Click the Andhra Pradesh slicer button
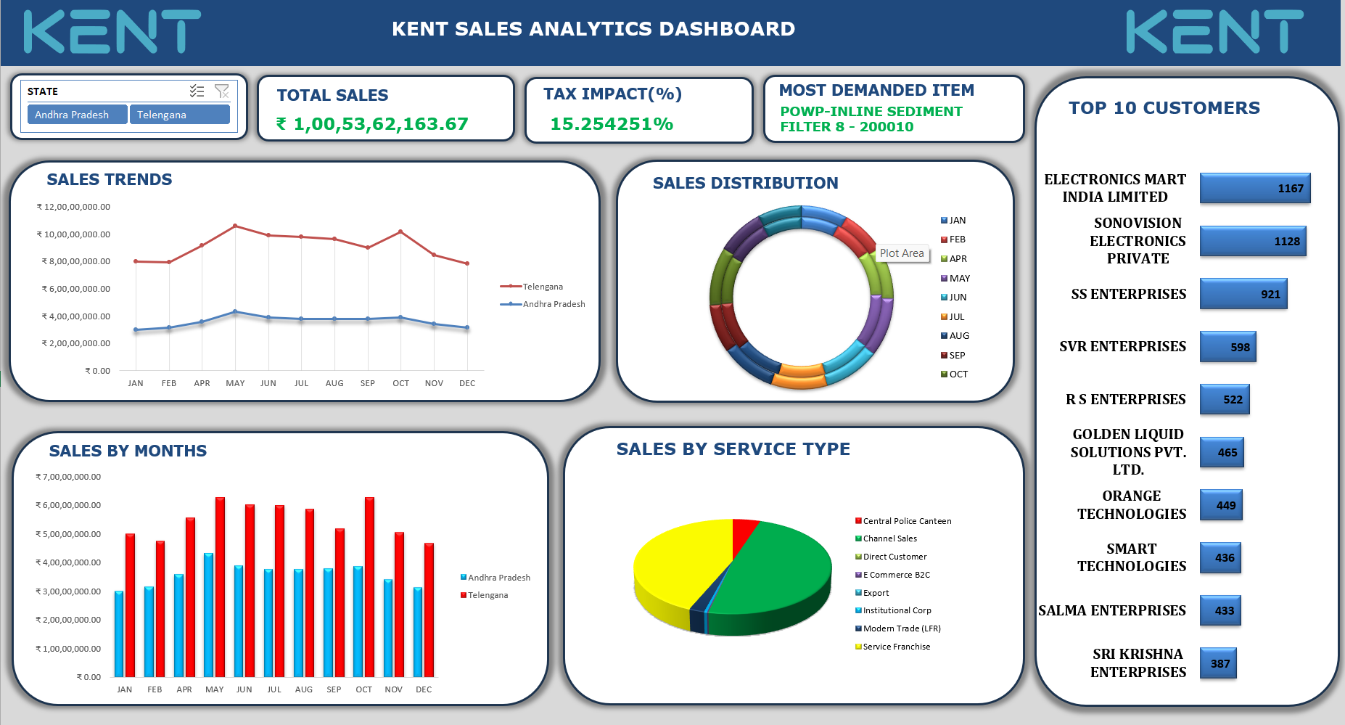click(77, 115)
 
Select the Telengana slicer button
click(179, 115)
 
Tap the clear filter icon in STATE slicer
click(222, 91)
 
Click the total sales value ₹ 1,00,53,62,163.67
click(372, 124)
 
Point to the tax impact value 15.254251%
click(611, 124)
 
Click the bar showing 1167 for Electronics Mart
click(1254, 188)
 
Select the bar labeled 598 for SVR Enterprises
click(1227, 347)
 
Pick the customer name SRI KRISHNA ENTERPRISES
click(1138, 663)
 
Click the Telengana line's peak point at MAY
click(235, 226)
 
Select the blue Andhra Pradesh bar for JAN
click(119, 634)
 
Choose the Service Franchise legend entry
click(896, 647)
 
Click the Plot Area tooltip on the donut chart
click(902, 253)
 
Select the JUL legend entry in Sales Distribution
click(956, 317)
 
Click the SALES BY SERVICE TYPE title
click(733, 449)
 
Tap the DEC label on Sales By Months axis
click(424, 689)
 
